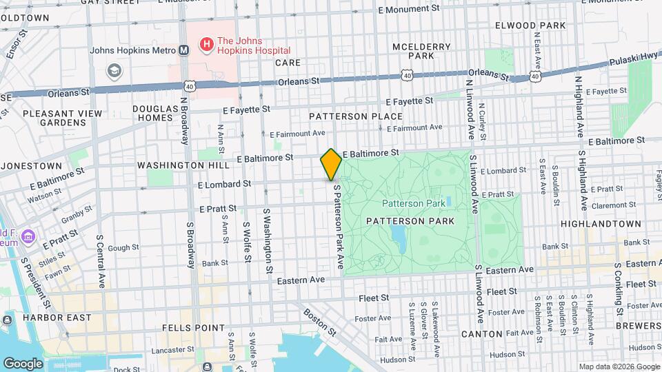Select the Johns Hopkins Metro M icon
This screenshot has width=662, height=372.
click(184, 50)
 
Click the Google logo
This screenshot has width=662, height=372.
click(23, 363)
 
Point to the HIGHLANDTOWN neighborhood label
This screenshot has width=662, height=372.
click(601, 225)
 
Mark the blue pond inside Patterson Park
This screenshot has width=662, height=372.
click(398, 238)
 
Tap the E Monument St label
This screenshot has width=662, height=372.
click(410, 10)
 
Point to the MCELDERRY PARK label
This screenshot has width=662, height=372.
click(421, 51)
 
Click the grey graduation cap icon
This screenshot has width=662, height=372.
click(114, 70)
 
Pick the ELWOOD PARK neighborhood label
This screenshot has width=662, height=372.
click(530, 25)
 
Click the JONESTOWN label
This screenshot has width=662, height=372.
click(32, 166)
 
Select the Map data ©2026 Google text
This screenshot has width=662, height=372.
click(619, 366)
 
